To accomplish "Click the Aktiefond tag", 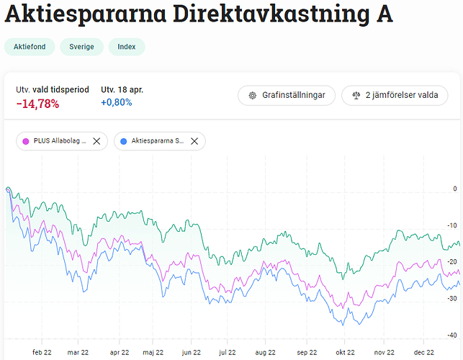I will coord(30,48).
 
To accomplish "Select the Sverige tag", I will coord(81,48).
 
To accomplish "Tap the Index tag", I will coord(127,48).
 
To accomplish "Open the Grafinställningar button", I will coord(287,95).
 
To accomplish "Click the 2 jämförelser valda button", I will coord(395,95).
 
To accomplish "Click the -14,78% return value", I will coord(37,104).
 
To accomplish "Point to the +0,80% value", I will coord(116,103).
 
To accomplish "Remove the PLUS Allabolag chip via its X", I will coord(96,141).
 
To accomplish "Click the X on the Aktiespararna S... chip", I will coord(194,141).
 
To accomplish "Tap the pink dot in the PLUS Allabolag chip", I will coord(27,141).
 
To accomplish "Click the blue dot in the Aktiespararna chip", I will coord(125,141).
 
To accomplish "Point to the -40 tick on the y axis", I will coord(452,335).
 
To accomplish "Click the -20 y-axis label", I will coord(452,261).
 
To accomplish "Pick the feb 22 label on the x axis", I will coord(42,353).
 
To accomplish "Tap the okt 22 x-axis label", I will coord(345,353).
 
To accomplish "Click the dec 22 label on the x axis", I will coord(424,353).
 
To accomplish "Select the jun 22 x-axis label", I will coord(192,353).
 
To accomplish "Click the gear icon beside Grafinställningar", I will coord(253,95).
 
